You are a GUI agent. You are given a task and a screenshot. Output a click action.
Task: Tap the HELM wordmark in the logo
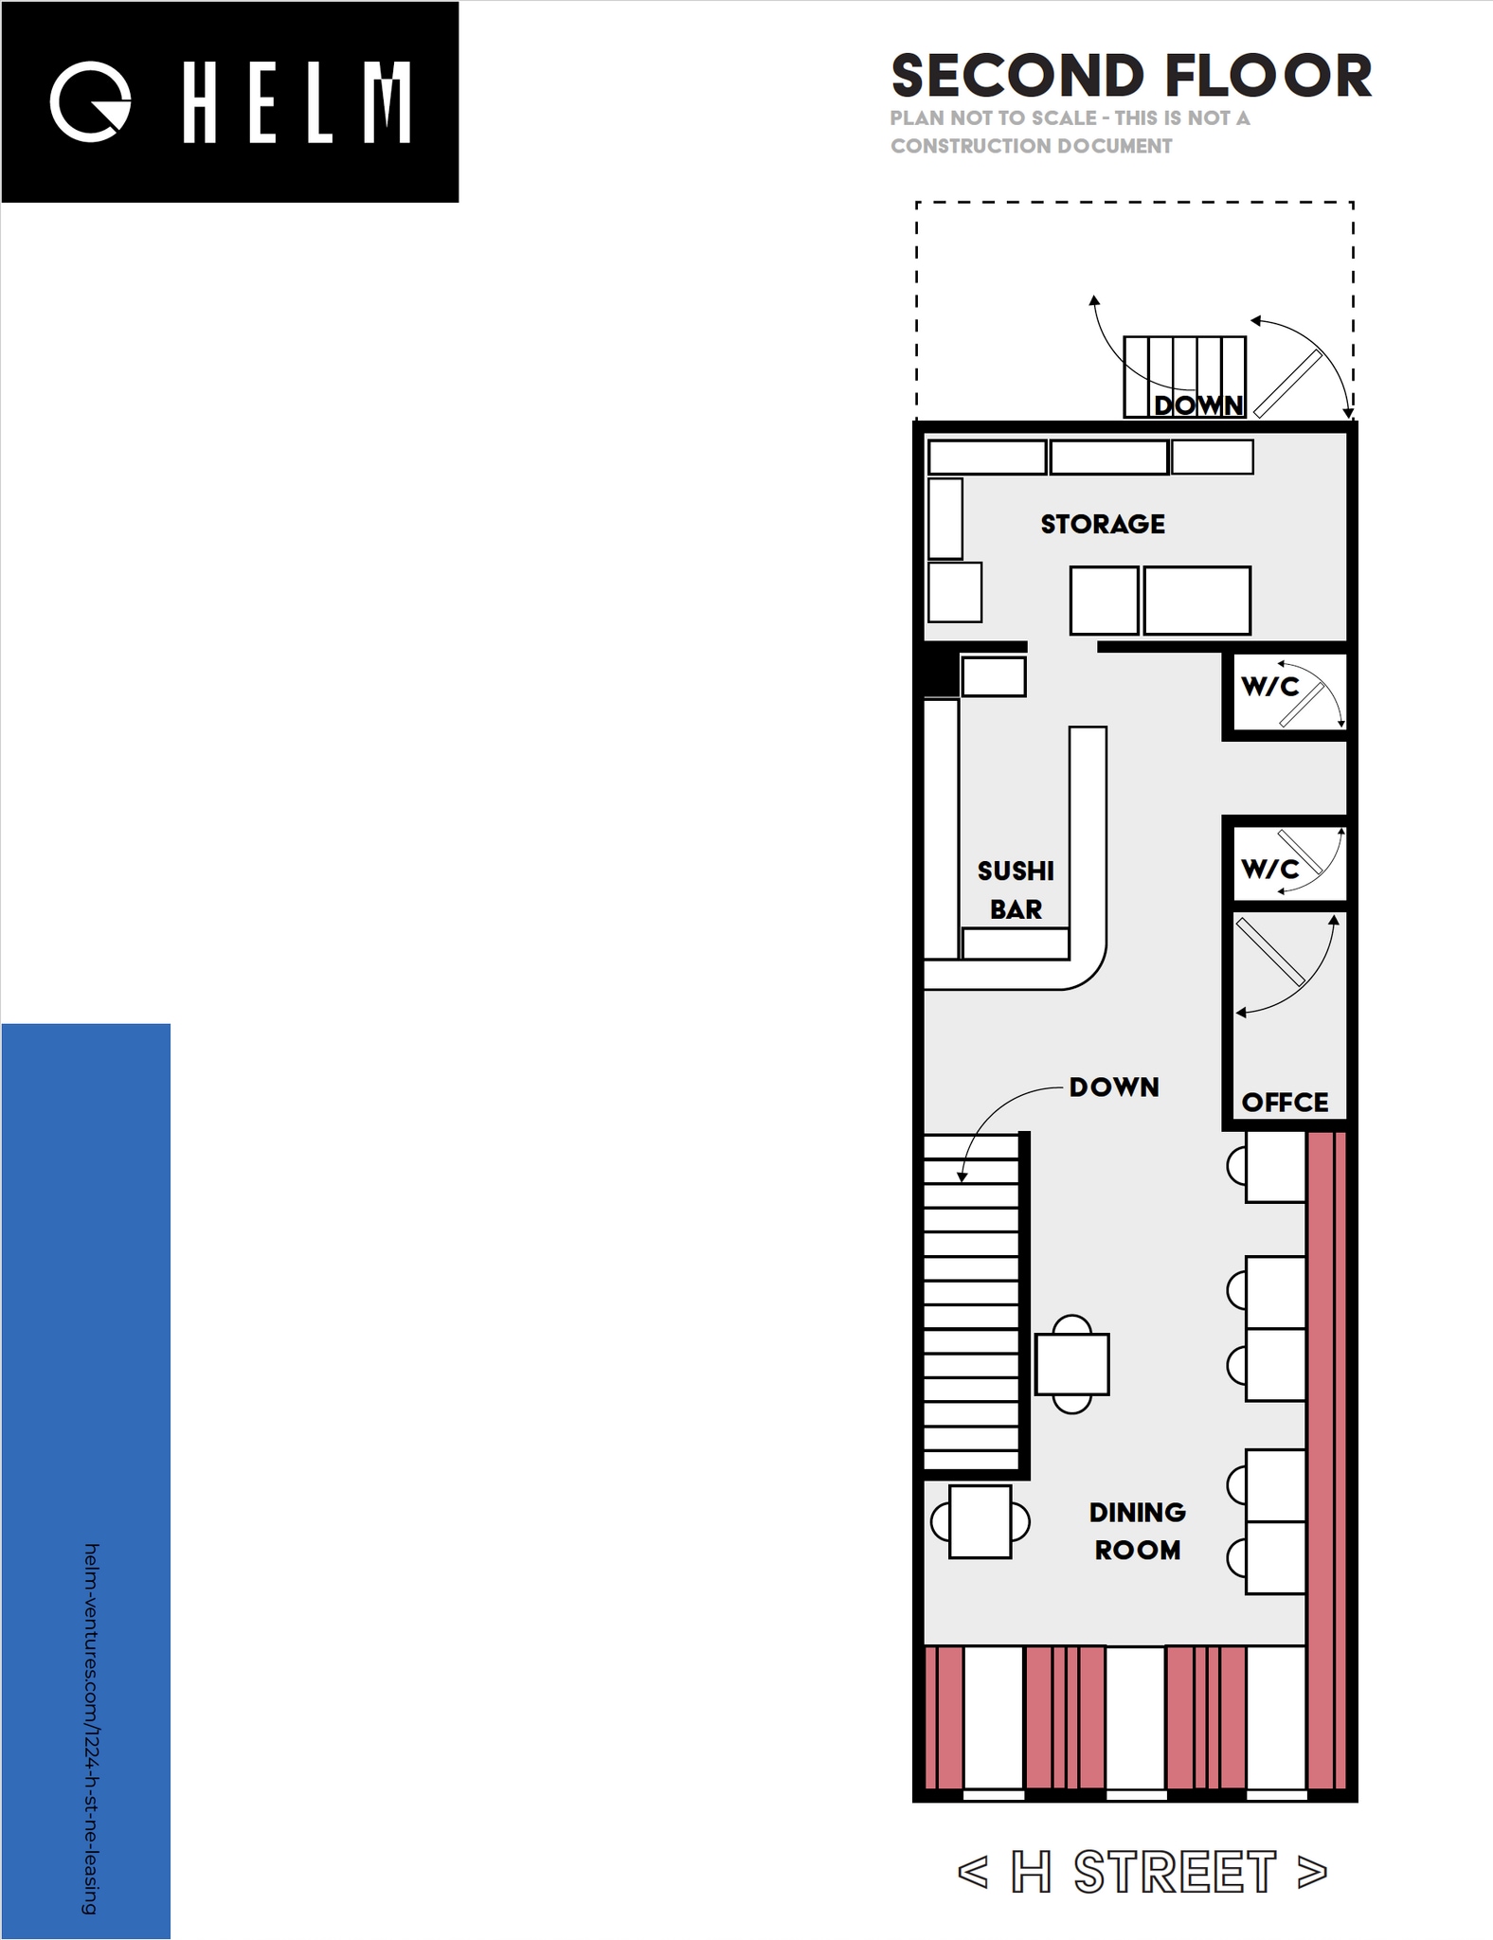click(297, 102)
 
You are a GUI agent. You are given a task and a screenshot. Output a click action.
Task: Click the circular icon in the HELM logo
click(90, 102)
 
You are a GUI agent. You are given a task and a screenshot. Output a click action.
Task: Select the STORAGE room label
click(1103, 524)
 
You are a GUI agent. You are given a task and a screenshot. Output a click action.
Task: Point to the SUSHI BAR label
click(1016, 889)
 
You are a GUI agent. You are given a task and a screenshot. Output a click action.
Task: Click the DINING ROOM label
click(1137, 1531)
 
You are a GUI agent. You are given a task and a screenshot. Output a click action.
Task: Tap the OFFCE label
click(1285, 1102)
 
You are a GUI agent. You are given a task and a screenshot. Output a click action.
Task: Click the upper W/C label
click(1269, 686)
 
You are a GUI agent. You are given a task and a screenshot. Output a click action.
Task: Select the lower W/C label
click(1269, 868)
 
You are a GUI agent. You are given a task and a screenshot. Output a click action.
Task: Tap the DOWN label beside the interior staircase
click(1114, 1087)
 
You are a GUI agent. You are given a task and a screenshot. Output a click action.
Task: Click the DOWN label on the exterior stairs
click(1197, 404)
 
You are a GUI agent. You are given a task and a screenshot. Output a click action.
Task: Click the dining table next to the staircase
click(1071, 1364)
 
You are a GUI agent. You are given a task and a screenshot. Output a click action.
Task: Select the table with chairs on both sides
click(980, 1522)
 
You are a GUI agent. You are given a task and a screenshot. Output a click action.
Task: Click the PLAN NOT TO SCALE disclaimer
click(1070, 132)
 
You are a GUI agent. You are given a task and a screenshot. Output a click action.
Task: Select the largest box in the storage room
click(1196, 601)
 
